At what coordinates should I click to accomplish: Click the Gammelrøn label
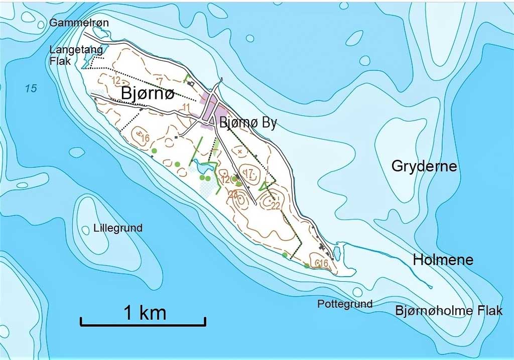coord(79,23)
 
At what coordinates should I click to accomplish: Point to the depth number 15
coord(31,89)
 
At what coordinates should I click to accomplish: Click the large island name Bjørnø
coord(147,94)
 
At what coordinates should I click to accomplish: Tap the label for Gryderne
coord(424,166)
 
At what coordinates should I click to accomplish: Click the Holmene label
coord(443,260)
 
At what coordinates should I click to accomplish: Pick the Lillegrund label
coord(118,228)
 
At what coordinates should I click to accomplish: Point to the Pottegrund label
coord(345,304)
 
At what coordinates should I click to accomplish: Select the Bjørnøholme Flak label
coord(449,310)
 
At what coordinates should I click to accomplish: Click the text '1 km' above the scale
coord(145,313)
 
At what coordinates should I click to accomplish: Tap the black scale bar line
coord(143,324)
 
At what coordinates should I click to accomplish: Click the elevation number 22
coord(275,205)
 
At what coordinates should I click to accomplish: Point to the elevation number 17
coord(248,173)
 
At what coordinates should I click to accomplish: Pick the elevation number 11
coord(186,107)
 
